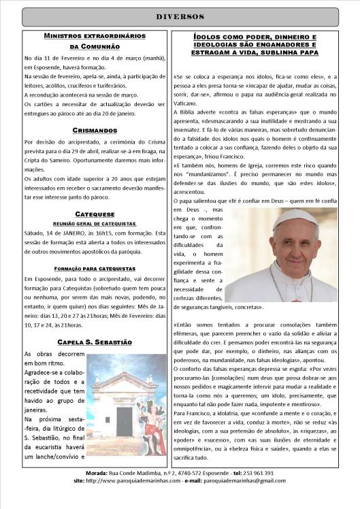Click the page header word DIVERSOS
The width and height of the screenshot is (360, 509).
(180, 16)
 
